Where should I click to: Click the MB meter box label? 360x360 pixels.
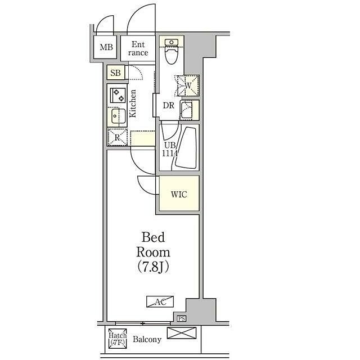click(106, 47)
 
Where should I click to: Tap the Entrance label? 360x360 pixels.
click(138, 48)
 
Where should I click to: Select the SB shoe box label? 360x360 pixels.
click(115, 73)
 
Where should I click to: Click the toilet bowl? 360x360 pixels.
click(172, 52)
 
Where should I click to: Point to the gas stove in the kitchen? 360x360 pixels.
click(118, 95)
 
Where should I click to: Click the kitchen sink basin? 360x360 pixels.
click(119, 116)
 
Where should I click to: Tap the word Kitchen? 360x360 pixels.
click(133, 103)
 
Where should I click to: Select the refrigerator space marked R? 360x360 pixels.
click(118, 137)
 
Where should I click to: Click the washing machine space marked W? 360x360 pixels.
click(188, 85)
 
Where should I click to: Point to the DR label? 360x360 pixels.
click(169, 106)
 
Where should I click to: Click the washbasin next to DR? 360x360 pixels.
click(186, 110)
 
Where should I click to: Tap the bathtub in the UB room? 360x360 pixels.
click(186, 147)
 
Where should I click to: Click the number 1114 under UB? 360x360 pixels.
click(170, 154)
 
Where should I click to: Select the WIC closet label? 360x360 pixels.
click(179, 195)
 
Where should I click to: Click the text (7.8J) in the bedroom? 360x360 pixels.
click(153, 267)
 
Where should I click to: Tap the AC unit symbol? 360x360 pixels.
click(160, 301)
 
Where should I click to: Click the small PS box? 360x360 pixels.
click(181, 319)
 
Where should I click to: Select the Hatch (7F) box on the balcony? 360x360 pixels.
click(118, 339)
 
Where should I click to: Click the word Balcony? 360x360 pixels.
click(147, 339)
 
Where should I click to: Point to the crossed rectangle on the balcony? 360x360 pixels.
click(182, 333)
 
